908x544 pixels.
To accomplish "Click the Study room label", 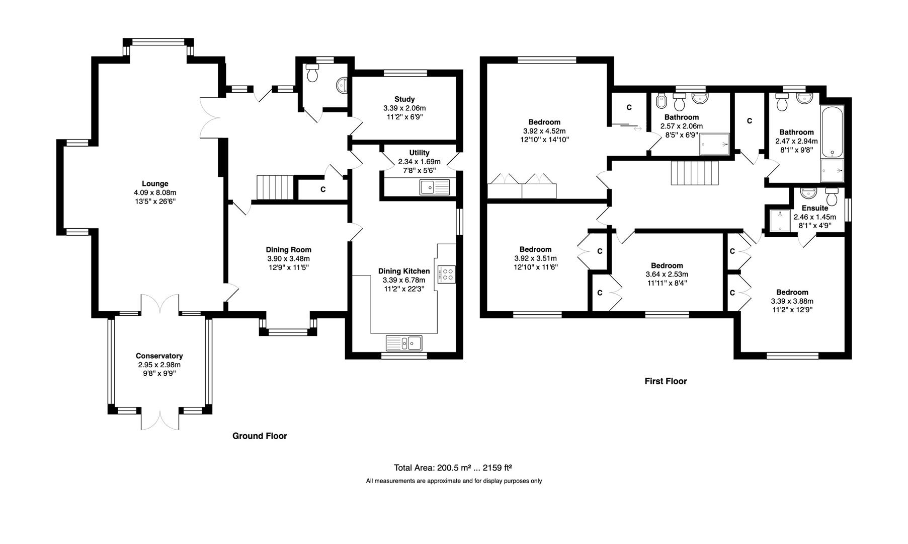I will click(404, 99).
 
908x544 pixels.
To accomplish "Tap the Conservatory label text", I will click(159, 356).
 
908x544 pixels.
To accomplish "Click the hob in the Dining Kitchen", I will click(447, 275).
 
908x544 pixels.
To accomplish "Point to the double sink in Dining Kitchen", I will click(404, 343).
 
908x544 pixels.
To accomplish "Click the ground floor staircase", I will click(275, 187).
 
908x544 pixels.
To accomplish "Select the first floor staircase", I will click(696, 173).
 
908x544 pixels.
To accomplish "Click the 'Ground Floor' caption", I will click(260, 436).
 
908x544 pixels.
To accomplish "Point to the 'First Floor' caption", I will click(666, 381).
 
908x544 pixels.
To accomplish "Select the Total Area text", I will click(453, 467).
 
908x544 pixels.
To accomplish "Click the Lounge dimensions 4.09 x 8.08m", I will click(155, 192).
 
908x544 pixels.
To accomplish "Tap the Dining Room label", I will click(288, 250).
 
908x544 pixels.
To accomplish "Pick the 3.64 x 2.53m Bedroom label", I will click(667, 266).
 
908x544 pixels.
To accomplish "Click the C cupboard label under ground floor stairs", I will click(322, 190).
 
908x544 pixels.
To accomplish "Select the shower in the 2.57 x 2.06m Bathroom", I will click(714, 145).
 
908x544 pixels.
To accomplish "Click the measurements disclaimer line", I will click(454, 481).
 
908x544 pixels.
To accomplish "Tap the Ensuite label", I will click(814, 208).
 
